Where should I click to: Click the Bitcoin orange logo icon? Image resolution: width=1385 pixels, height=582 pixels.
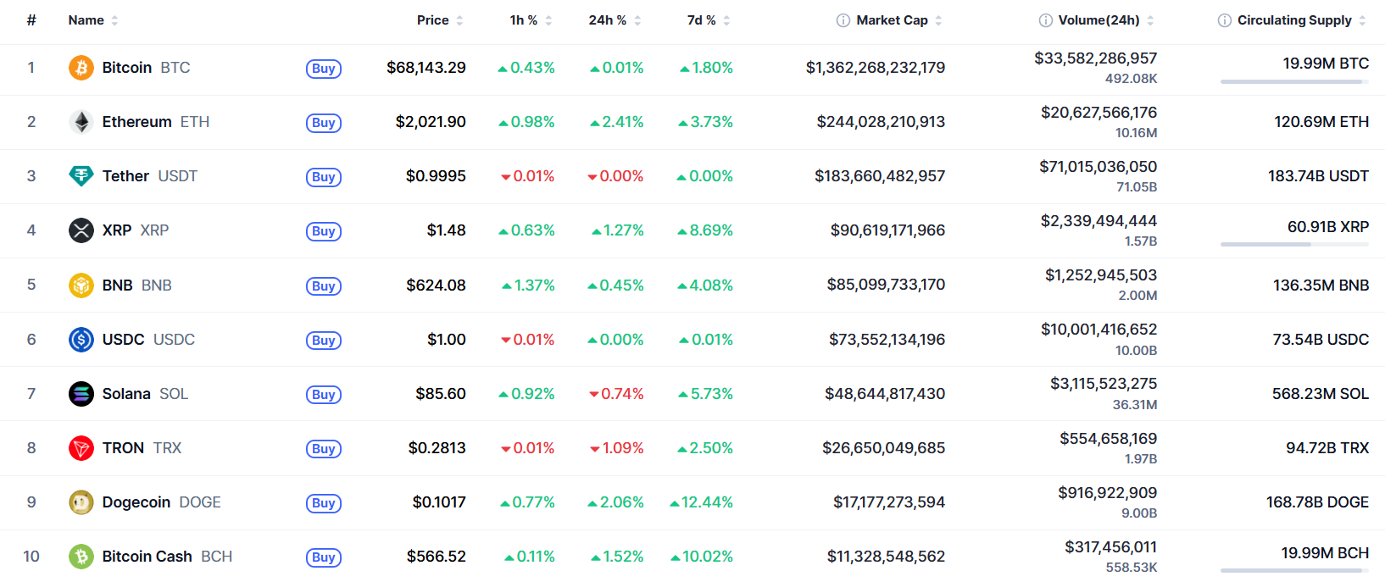(81, 67)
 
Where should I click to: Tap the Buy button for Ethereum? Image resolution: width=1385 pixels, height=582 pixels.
(324, 122)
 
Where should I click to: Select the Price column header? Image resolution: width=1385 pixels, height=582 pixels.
(433, 20)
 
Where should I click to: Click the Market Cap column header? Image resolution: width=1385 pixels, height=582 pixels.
(892, 20)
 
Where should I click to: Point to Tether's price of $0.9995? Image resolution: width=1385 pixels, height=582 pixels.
(436, 176)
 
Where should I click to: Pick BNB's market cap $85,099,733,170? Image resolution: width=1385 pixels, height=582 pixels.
(886, 285)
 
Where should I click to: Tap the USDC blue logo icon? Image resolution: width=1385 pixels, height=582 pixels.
(81, 339)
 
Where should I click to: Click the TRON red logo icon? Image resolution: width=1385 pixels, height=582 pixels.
(81, 448)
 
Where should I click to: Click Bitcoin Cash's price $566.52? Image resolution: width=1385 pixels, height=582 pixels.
(436, 557)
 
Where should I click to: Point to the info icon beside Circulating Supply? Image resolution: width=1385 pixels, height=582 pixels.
(1224, 20)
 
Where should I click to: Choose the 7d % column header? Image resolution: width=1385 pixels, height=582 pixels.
(701, 20)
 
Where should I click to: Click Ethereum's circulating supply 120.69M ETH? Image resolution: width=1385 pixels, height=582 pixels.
(1321, 122)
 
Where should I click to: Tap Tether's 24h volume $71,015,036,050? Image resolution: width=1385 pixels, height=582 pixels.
(1099, 167)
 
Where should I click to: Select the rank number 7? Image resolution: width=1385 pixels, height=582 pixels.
(31, 394)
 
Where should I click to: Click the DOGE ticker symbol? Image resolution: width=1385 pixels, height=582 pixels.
(200, 502)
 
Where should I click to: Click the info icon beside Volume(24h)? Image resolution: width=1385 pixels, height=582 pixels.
(1045, 20)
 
